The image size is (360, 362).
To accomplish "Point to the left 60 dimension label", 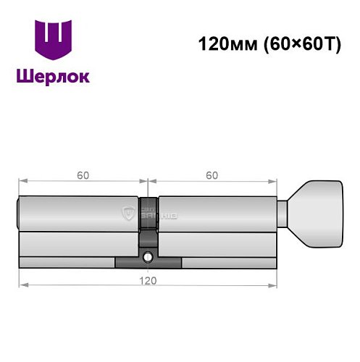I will point(83,174).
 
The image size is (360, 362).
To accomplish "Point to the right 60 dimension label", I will point(212,174).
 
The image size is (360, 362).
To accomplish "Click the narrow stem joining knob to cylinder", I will point(285,214).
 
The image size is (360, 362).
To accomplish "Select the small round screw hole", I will point(148,256).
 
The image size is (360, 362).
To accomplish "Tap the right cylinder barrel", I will point(217,214).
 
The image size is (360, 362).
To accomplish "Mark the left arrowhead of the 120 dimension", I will point(22,283).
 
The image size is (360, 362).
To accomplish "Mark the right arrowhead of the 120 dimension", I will point(275,283).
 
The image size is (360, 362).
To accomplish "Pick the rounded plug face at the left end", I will point(20,214).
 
